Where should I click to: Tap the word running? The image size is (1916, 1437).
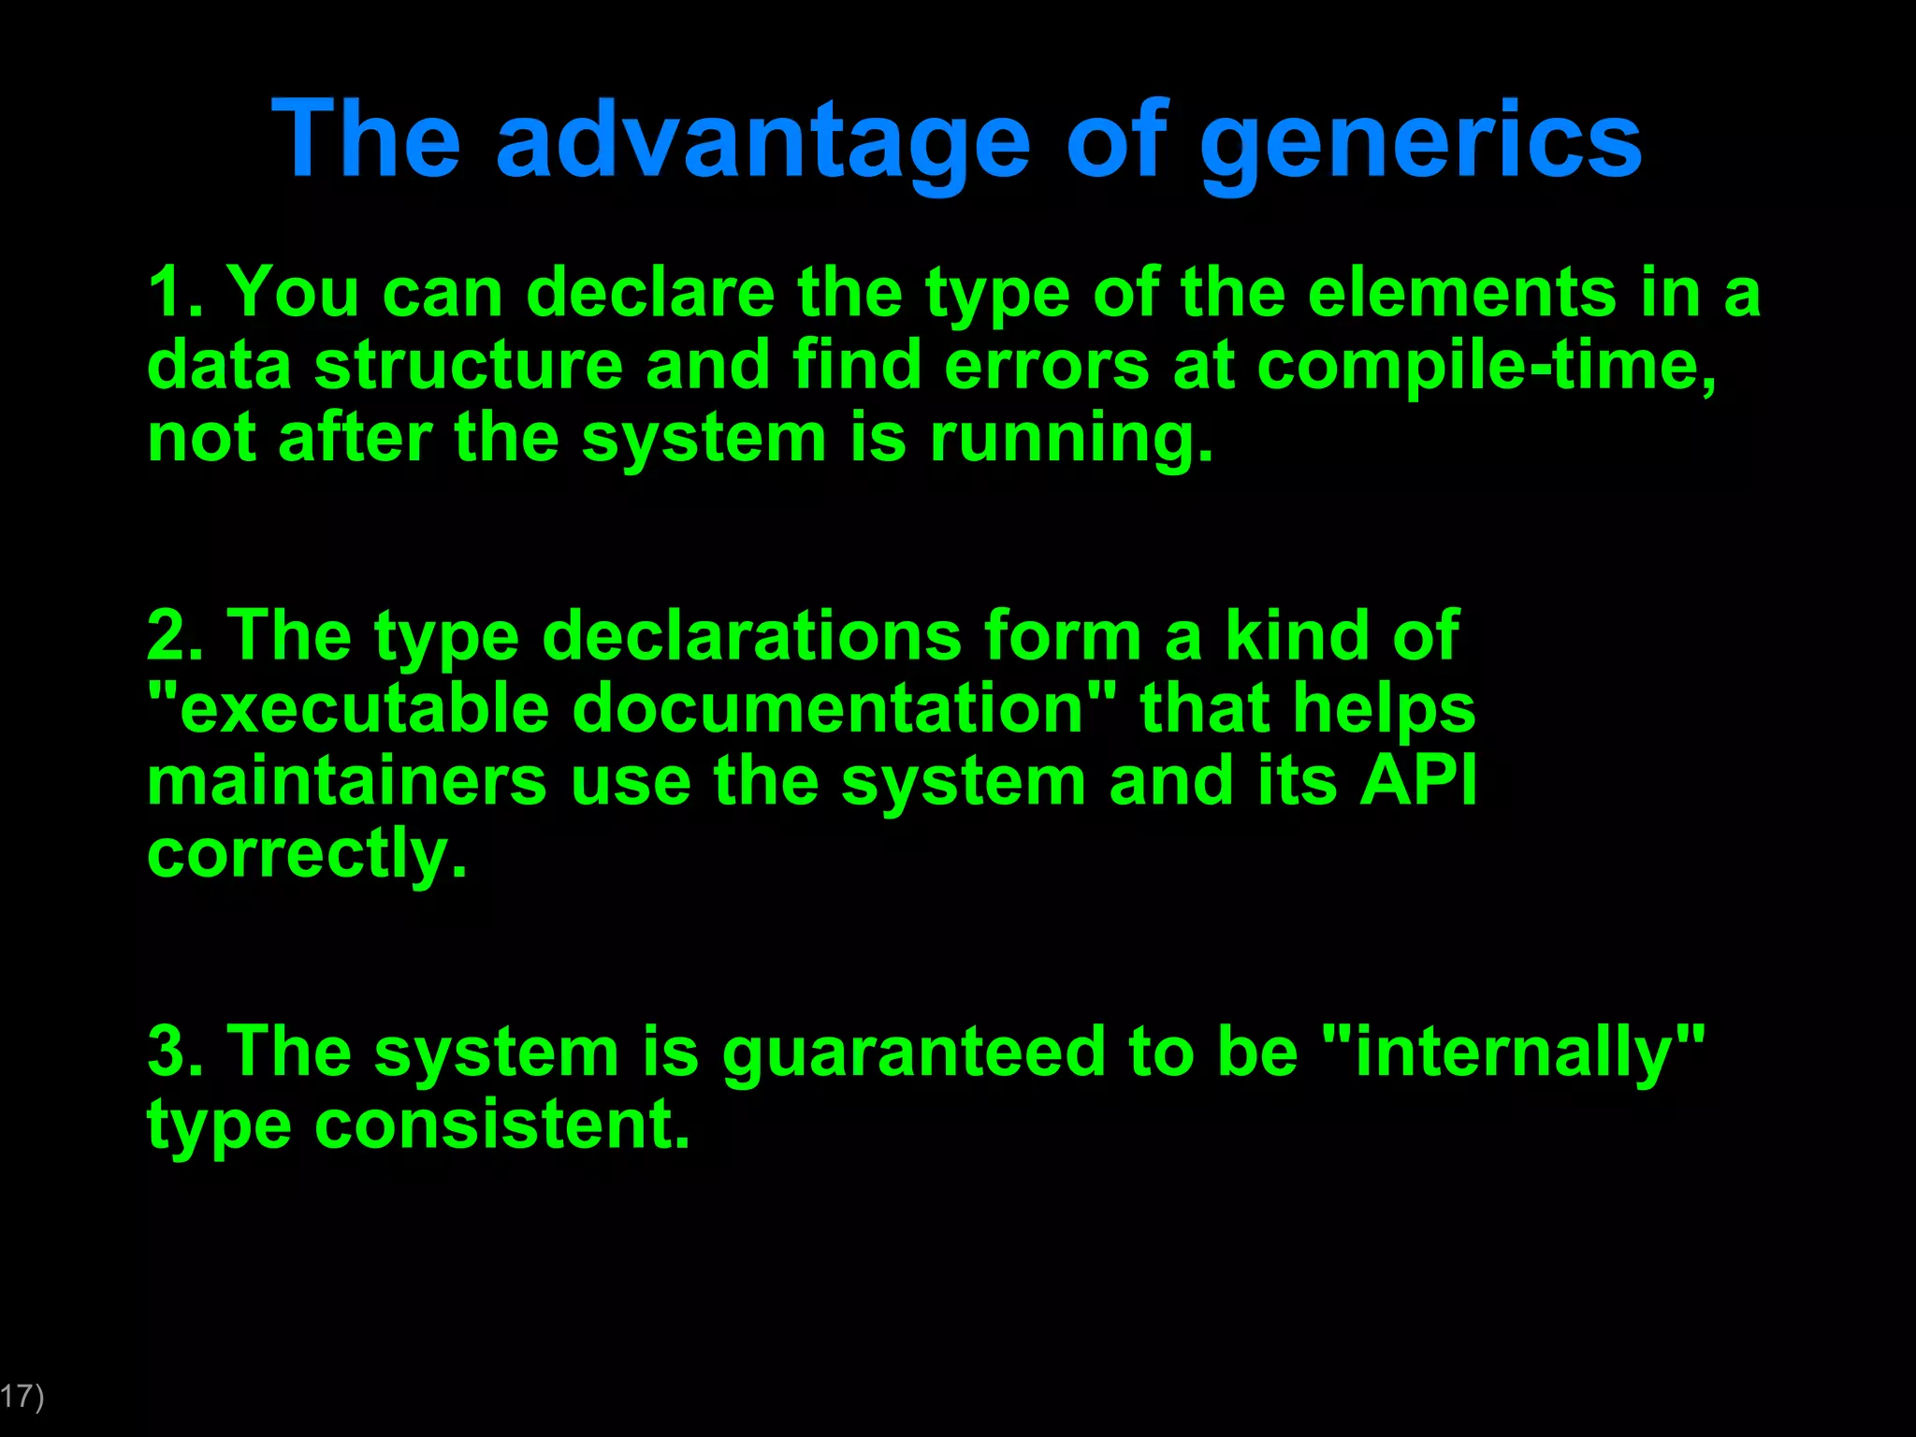pyautogui.click(x=1071, y=440)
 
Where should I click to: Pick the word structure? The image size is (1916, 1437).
pyautogui.click(x=468, y=367)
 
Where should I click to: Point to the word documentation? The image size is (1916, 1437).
pyautogui.click(x=828, y=709)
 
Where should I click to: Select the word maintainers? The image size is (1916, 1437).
pyautogui.click(x=347, y=782)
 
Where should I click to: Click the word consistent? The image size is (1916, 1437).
pyautogui.click(x=501, y=1125)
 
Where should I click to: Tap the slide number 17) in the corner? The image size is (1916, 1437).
pyautogui.click(x=21, y=1397)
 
